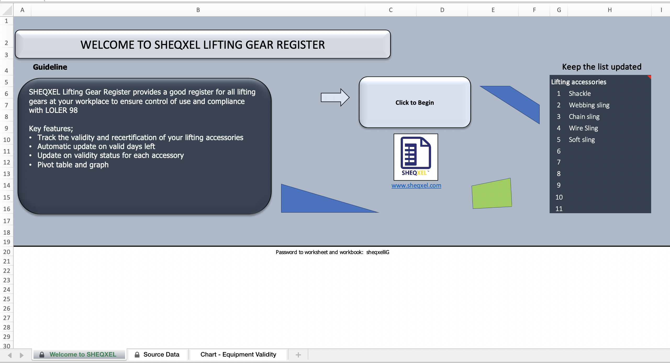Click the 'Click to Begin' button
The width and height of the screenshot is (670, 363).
tap(415, 102)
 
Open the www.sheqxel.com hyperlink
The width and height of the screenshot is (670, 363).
tap(416, 185)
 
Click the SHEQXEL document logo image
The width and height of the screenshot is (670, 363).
tap(416, 157)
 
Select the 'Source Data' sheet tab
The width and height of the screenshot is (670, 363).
tap(161, 354)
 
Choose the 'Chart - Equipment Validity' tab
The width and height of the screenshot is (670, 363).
tap(238, 354)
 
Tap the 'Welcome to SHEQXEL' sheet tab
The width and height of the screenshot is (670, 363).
tap(82, 354)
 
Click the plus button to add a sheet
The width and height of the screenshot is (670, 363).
tap(298, 355)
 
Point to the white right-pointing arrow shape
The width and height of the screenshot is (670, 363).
tap(335, 97)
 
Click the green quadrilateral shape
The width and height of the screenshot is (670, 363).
tap(492, 194)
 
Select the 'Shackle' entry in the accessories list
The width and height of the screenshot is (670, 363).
tap(579, 93)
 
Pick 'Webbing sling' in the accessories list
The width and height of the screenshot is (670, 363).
tap(589, 105)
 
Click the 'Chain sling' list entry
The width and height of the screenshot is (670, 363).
tap(584, 117)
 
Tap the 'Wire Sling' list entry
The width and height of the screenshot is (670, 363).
tap(583, 128)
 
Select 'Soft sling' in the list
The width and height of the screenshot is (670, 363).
tap(582, 140)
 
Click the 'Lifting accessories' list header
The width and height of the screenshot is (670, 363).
tap(578, 82)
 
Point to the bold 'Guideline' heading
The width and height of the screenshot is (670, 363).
tap(50, 67)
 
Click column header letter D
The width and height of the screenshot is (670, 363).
tap(442, 10)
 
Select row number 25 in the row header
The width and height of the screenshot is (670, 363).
tap(7, 299)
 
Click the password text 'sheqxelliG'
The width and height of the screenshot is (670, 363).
tap(378, 252)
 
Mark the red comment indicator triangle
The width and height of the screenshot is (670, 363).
tap(649, 77)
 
